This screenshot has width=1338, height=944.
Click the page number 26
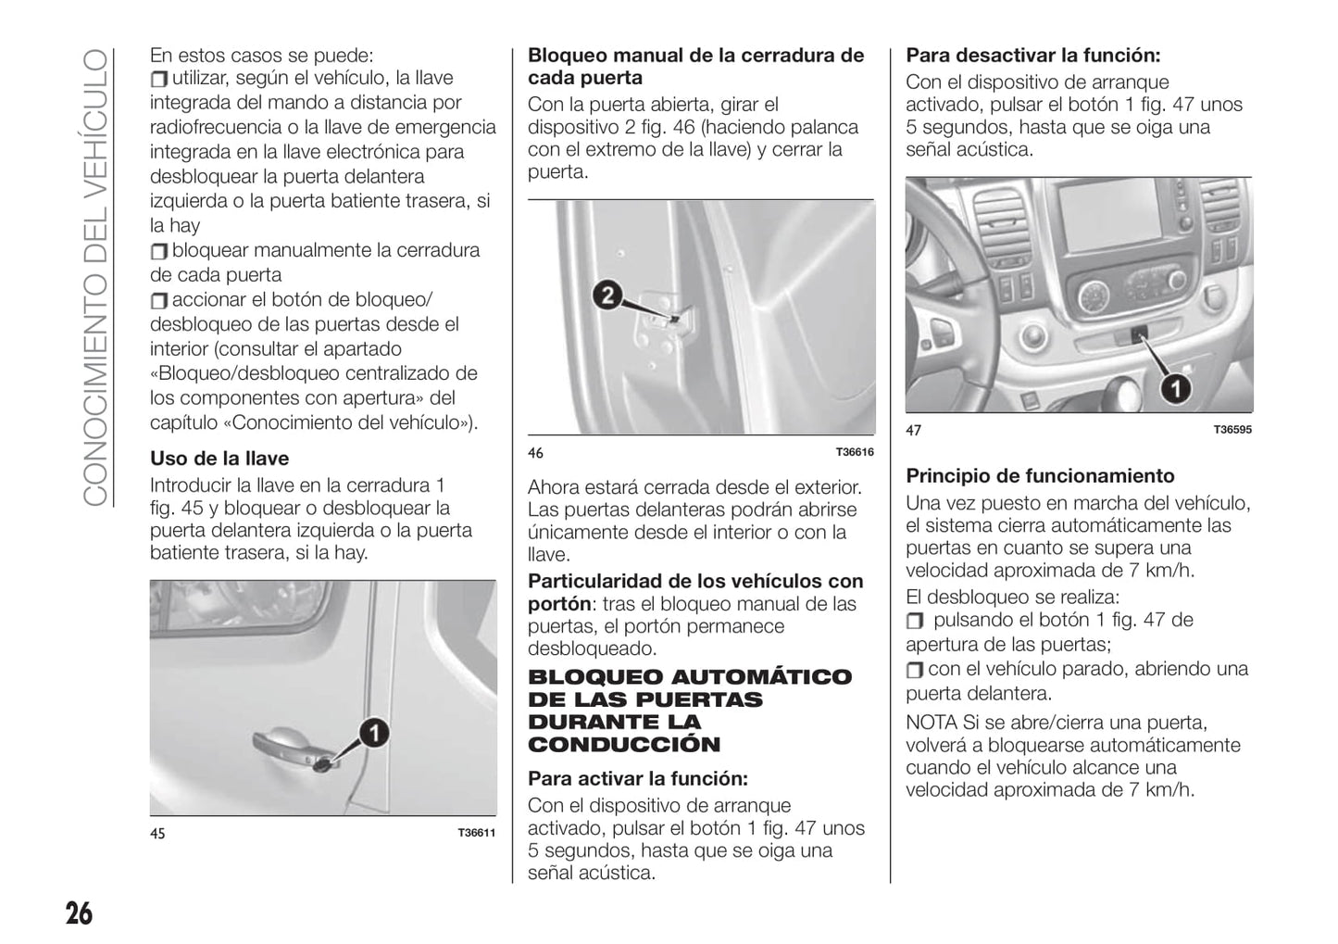79,913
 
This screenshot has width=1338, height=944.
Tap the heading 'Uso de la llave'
219,459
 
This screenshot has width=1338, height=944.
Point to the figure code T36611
477,833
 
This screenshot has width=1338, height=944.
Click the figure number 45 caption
157,834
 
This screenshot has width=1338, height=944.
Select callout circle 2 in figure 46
606,296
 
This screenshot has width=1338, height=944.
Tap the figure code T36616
855,452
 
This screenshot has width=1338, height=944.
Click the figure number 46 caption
535,453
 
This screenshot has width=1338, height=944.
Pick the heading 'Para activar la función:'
638,778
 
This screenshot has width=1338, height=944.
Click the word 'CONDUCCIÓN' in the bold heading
624,745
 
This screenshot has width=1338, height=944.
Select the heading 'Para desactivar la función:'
1033,55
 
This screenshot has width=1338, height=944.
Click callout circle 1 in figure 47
1175,389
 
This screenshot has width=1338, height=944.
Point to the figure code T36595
1232,430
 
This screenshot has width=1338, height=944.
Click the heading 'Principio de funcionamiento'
1040,476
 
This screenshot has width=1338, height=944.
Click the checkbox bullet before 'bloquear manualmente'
159,251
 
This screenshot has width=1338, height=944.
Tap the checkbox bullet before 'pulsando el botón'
915,621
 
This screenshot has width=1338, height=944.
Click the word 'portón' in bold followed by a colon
558,604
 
